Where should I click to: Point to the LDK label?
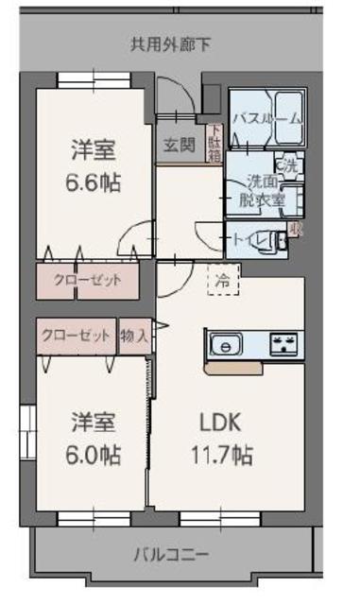point(219,423)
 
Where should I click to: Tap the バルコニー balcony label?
point(170,554)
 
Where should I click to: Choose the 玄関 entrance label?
point(178,145)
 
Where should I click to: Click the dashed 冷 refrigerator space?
point(223,281)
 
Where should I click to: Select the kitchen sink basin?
point(227,345)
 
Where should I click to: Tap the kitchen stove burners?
point(284,345)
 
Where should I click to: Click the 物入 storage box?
point(134,335)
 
